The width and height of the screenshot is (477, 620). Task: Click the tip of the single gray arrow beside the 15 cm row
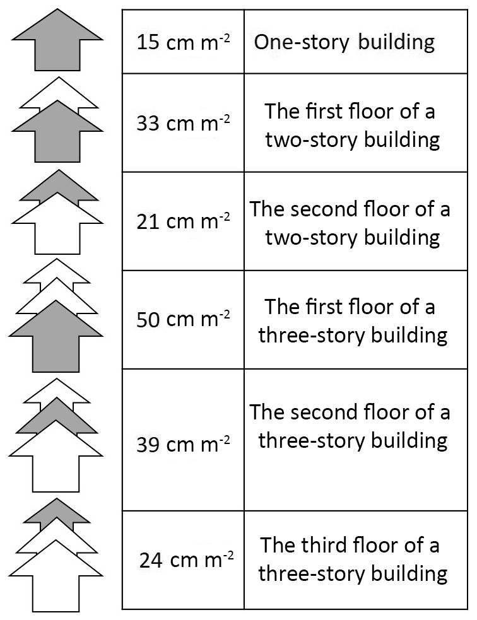[58, 9]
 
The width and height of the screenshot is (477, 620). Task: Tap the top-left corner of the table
[122, 10]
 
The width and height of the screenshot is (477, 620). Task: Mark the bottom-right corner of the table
[467, 609]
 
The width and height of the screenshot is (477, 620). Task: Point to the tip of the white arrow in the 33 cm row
[59, 77]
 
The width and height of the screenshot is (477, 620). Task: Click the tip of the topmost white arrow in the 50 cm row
[57, 259]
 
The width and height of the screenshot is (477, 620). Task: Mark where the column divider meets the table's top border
[244, 10]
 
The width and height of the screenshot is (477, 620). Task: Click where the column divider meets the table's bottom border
[244, 609]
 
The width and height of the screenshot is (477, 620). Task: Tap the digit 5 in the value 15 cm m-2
[154, 42]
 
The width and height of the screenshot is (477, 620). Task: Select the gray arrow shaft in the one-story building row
[58, 55]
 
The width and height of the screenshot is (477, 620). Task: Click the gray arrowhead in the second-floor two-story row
[59, 186]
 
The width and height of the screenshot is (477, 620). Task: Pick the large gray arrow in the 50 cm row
[56, 336]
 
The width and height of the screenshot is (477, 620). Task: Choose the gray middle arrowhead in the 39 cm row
[57, 415]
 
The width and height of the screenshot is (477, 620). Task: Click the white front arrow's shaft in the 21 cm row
[58, 238]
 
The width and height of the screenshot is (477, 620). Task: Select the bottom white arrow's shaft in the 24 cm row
[56, 592]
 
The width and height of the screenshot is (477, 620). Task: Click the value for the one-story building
[183, 42]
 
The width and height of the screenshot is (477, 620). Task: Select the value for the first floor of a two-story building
[183, 123]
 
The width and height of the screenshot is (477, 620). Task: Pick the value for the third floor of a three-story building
[186, 560]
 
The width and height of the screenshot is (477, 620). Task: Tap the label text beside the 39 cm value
[350, 426]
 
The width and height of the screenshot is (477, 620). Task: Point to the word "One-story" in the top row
[302, 43]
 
